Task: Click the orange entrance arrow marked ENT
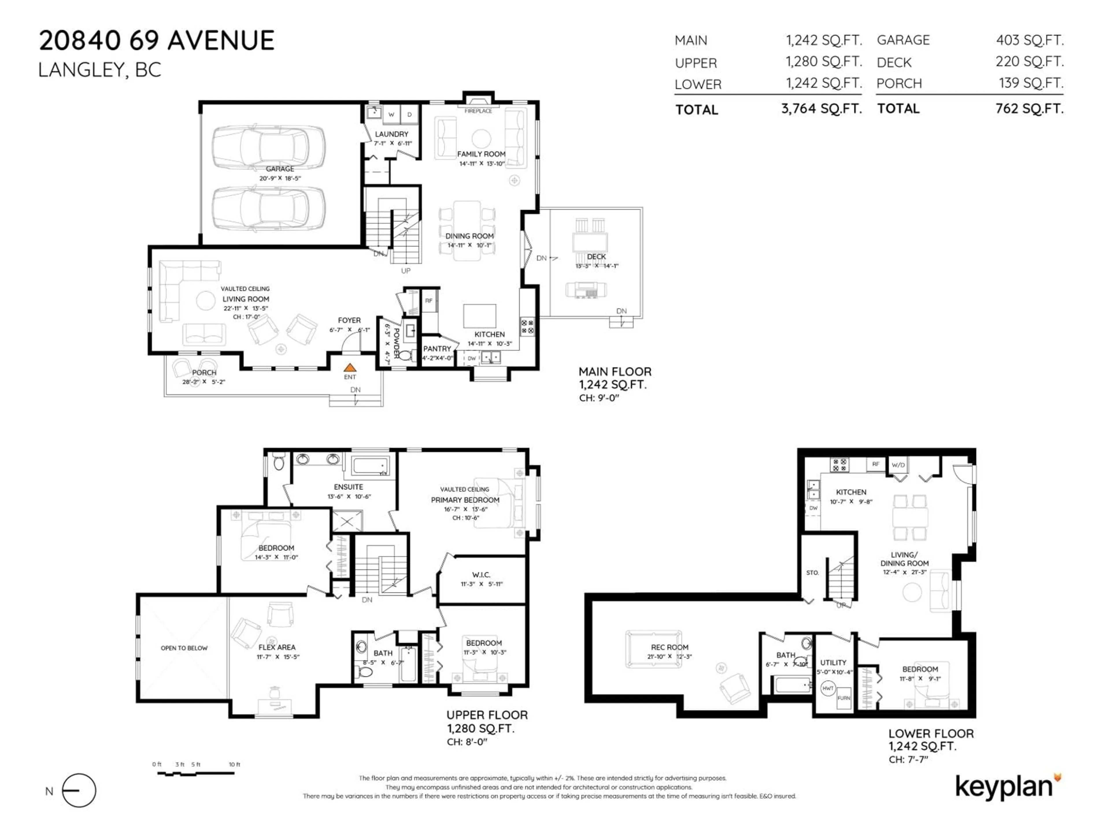(x=350, y=368)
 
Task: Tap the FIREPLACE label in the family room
(x=478, y=111)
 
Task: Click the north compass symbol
(x=79, y=790)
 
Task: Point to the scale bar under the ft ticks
(x=196, y=773)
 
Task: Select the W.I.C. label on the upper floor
(x=481, y=574)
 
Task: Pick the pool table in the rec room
(x=653, y=649)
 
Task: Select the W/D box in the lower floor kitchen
(x=898, y=465)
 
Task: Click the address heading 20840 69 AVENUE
(x=157, y=41)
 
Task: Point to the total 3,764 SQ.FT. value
(x=821, y=108)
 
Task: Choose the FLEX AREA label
(x=277, y=647)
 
